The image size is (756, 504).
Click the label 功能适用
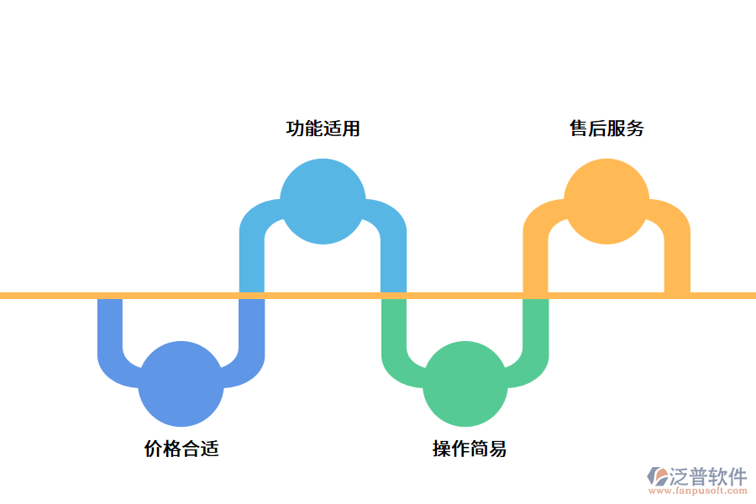point(323,129)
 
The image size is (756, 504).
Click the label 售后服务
point(606,129)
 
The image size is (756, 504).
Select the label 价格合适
point(181,449)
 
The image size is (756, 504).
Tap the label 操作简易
point(470,449)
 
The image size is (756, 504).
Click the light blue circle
point(323,202)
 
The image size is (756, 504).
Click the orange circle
point(606,202)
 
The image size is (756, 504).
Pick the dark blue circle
point(181,384)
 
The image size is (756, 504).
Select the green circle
point(465,384)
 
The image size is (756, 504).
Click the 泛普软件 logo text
point(707,476)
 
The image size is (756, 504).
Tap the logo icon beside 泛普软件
point(657,478)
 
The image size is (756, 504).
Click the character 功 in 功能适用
point(295,129)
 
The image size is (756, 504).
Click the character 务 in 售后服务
point(635,129)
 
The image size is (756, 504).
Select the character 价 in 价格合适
point(154,449)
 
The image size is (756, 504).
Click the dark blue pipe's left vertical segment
point(110,328)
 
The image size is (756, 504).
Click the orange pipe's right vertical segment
point(677,260)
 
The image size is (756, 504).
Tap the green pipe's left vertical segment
point(394,328)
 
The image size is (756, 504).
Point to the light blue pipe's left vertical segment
point(252,260)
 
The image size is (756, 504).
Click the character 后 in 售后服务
point(597,129)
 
